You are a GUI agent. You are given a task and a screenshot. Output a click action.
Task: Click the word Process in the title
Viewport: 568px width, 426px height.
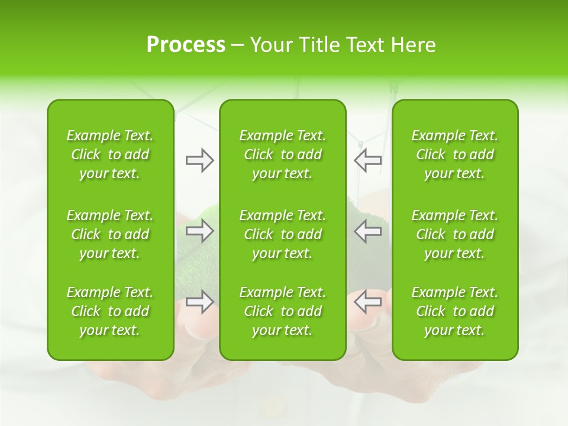[186, 45]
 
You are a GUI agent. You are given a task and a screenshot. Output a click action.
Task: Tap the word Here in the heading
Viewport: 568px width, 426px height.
[413, 45]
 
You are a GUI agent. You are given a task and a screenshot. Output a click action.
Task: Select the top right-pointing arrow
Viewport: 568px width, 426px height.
[199, 160]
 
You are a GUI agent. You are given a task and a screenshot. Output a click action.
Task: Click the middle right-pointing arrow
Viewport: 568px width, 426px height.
[199, 231]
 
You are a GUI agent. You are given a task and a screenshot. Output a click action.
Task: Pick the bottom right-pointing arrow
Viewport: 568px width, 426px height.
[199, 302]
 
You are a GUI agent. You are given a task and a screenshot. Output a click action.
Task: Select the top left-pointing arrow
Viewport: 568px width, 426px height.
[368, 160]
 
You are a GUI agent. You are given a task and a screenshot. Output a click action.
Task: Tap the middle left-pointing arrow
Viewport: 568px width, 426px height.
[368, 231]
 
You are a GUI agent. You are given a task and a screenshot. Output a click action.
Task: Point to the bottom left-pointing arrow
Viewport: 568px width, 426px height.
[368, 302]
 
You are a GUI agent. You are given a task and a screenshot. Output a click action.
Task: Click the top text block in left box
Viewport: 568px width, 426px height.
[110, 154]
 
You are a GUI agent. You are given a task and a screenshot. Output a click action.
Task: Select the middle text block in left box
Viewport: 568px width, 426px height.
[110, 234]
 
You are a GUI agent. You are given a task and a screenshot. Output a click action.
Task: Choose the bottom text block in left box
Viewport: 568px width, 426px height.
[110, 311]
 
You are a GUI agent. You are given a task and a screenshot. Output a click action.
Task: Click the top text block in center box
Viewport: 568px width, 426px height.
[283, 154]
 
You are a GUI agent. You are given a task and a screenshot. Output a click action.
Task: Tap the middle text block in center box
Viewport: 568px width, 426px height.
[283, 234]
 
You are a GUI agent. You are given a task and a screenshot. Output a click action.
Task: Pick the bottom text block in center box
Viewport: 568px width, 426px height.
[283, 311]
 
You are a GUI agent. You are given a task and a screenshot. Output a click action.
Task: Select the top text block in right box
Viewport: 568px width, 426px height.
[455, 154]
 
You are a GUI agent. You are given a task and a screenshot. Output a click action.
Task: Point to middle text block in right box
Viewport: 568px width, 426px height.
[455, 234]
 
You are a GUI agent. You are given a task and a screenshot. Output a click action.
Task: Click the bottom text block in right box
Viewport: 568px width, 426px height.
[455, 311]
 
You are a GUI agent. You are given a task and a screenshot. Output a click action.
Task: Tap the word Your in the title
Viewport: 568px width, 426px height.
[270, 45]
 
